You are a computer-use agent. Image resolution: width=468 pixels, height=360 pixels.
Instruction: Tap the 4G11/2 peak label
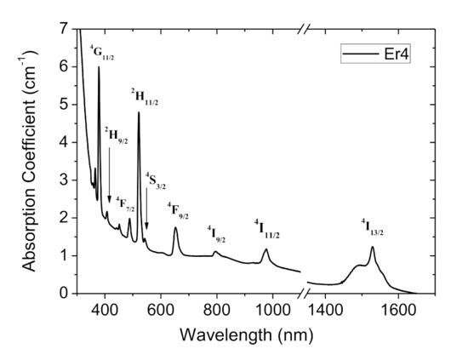(102, 54)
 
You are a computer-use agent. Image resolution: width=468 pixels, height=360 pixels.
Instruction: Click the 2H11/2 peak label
(145, 96)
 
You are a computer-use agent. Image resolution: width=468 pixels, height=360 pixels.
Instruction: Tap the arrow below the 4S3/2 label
(146, 209)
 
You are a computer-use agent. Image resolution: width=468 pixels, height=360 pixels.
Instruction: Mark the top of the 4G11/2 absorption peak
(99, 67)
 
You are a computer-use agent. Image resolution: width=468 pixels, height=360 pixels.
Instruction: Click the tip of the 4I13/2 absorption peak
(372, 248)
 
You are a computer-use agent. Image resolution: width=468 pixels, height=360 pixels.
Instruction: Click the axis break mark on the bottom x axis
(303, 293)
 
